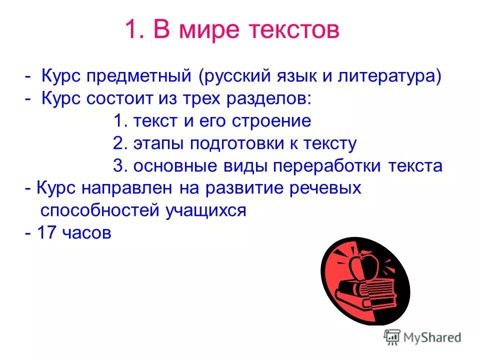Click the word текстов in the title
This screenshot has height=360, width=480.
[291, 30]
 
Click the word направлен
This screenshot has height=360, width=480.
[133, 188]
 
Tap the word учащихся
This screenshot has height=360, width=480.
[206, 210]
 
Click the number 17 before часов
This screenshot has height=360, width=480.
[47, 233]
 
